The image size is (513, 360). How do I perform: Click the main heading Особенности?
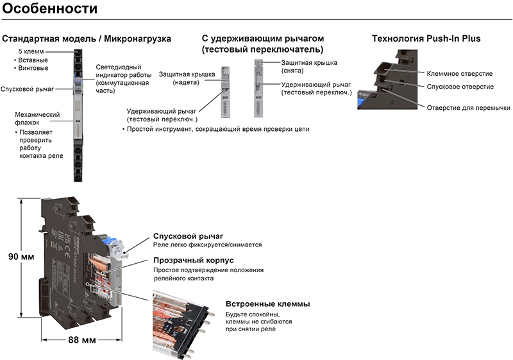point(50,10)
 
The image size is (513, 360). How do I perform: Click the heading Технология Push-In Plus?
point(426,39)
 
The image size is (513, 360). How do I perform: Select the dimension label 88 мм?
point(82,339)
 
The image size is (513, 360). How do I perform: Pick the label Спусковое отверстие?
point(460,87)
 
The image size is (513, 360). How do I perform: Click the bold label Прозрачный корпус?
point(193,261)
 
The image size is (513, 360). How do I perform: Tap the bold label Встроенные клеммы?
point(267,304)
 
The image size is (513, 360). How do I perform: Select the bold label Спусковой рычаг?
point(187,236)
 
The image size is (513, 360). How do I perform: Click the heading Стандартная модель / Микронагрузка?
point(87,39)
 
